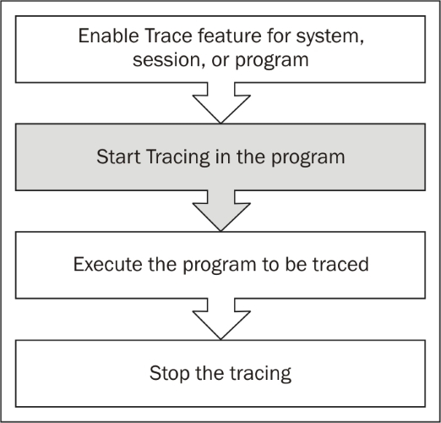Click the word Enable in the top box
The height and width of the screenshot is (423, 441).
[108, 36]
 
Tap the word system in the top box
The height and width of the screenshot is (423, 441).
[328, 37]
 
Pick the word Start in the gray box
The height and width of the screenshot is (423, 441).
[118, 157]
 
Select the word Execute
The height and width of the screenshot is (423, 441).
[107, 265]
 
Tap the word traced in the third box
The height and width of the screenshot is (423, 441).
[340, 265]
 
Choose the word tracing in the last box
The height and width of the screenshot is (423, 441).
[261, 374]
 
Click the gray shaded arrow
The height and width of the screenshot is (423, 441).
[221, 211]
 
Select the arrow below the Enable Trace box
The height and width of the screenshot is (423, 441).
[221, 103]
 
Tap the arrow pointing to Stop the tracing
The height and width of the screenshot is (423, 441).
[221, 319]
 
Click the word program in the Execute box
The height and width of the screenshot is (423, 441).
[220, 266]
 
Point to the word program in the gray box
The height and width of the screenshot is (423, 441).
[308, 158]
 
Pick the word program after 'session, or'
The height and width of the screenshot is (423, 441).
[272, 61]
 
